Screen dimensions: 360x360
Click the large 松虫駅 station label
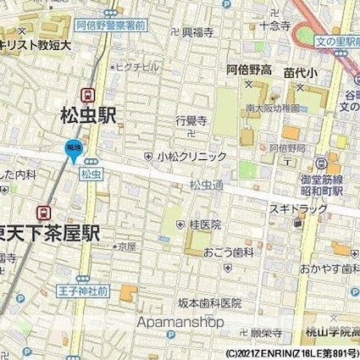[89, 114]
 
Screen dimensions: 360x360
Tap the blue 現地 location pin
[74, 151]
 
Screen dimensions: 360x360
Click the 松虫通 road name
[205, 184]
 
